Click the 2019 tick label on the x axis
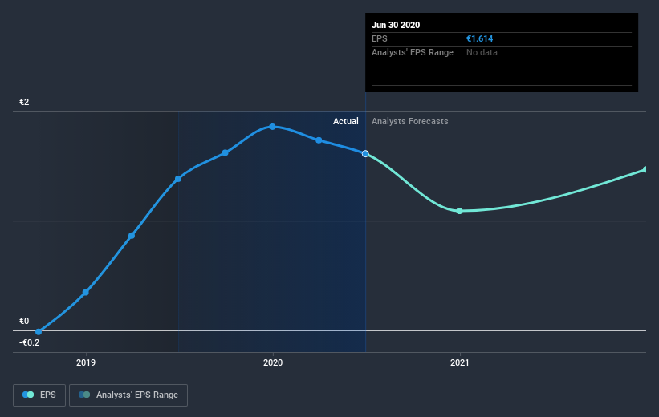pos(86,362)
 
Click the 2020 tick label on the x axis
pos(273,362)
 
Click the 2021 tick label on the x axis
pos(460,362)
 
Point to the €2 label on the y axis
pos(25,103)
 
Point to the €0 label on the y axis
pos(25,322)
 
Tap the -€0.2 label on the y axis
pos(30,342)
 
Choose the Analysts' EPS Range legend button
pos(128,395)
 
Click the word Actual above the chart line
pos(346,121)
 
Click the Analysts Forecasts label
pos(410,121)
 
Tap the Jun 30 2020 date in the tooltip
pos(396,25)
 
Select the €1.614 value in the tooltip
pos(479,38)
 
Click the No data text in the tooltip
pos(482,52)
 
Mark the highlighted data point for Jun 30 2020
pos(366,153)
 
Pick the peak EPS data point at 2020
pos(273,127)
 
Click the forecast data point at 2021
pos(460,211)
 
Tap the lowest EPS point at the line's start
pos(39,331)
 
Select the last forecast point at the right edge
pos(645,170)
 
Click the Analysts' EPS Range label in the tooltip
pos(413,52)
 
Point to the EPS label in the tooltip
pos(380,38)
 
